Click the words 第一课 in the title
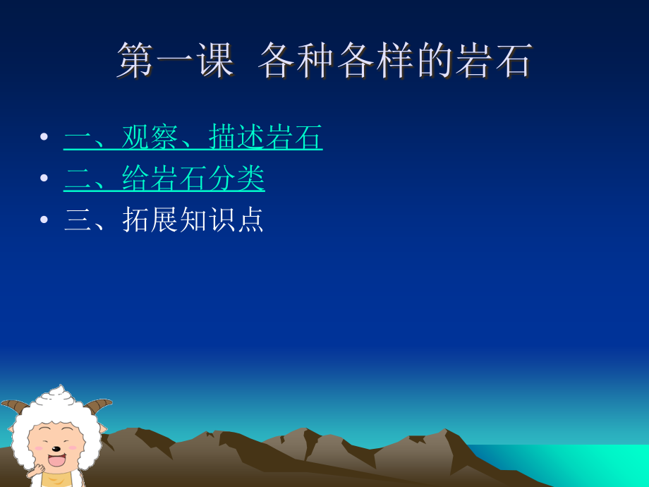pos(175,60)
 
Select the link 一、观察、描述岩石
pos(193,137)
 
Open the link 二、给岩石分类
pos(164,178)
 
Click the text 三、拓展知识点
pos(164,220)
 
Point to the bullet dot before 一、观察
pos(44,137)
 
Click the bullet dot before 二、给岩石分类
pos(44,178)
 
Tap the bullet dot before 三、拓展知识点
pos(44,220)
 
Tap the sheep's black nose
pos(57,448)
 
